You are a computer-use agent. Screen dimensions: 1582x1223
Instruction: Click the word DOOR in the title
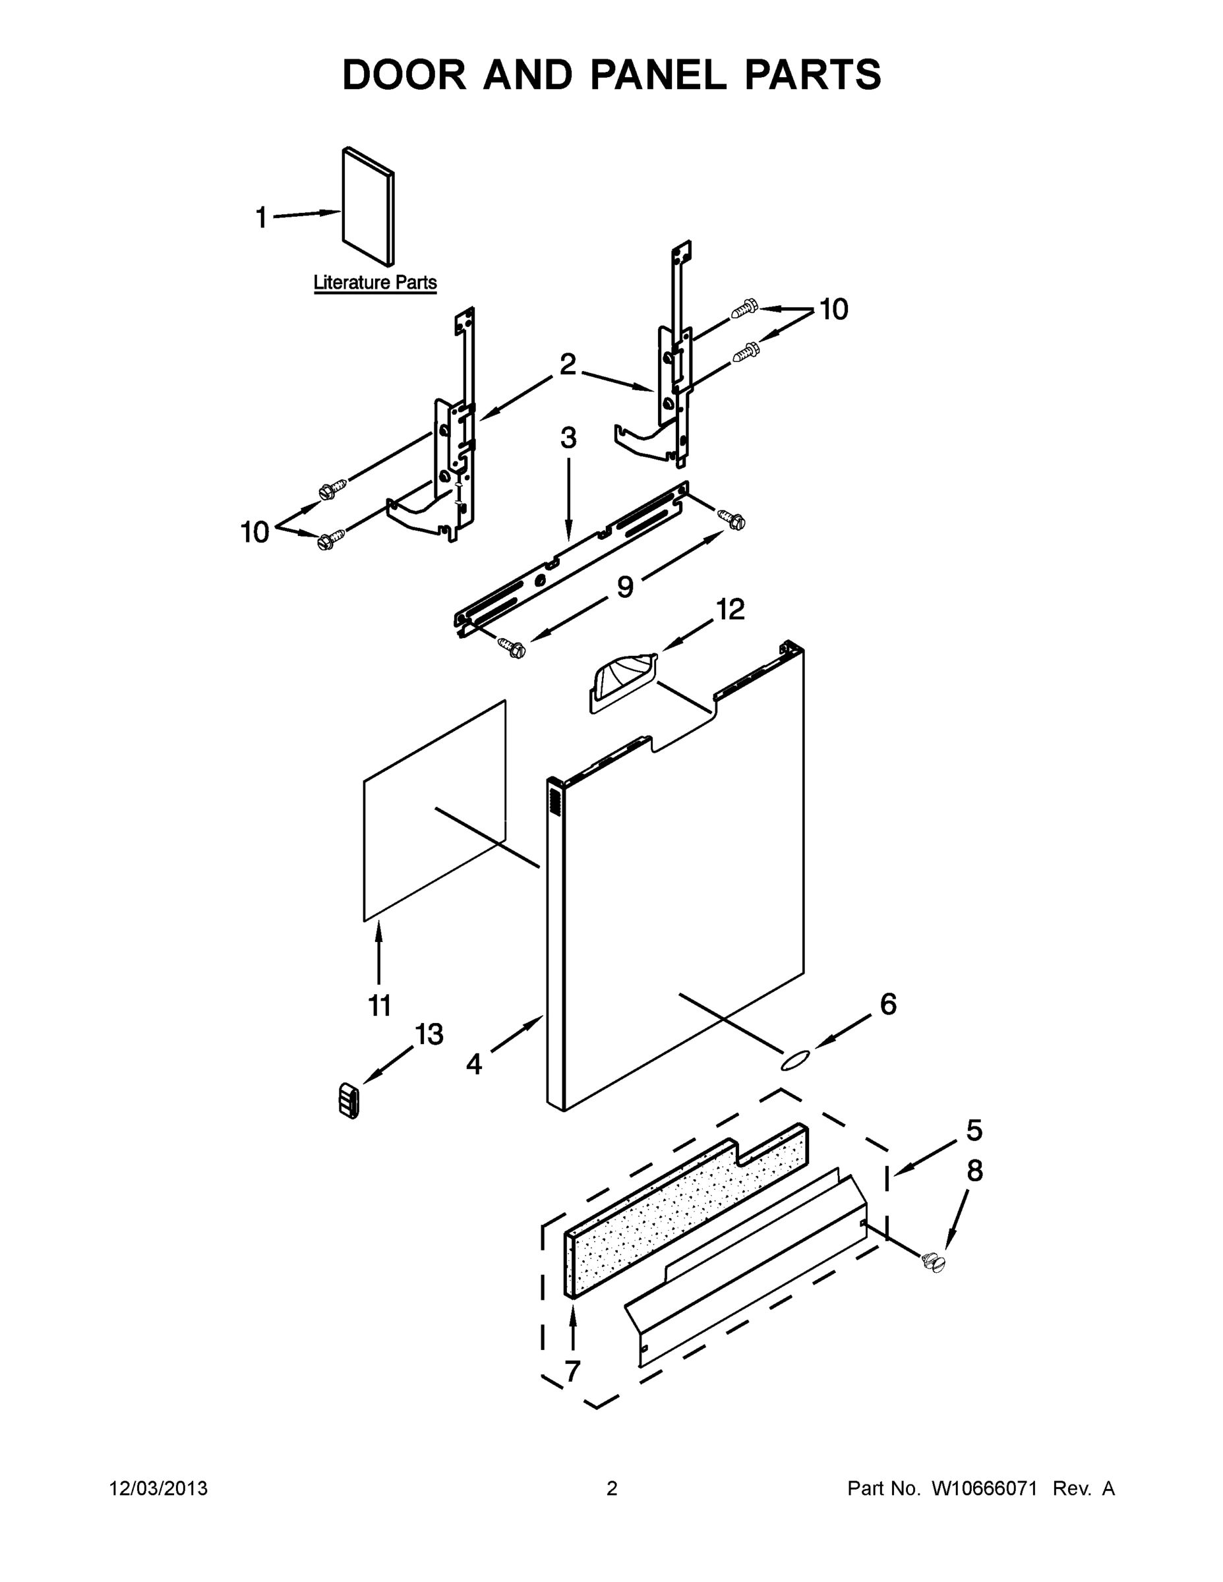pyautogui.click(x=404, y=74)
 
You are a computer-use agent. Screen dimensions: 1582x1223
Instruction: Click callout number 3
pyautogui.click(x=568, y=438)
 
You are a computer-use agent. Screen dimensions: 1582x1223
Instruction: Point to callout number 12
pyautogui.click(x=731, y=609)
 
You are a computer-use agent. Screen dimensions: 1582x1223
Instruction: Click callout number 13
pyautogui.click(x=429, y=1034)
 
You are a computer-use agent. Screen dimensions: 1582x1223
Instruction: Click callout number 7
pyautogui.click(x=572, y=1370)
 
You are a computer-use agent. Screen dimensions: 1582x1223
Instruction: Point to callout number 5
pyautogui.click(x=974, y=1129)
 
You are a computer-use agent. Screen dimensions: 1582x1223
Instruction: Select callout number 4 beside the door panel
pyautogui.click(x=474, y=1063)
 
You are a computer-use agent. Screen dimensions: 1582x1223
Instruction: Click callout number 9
pyautogui.click(x=624, y=587)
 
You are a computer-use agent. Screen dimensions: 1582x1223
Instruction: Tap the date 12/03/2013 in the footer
pyautogui.click(x=159, y=1488)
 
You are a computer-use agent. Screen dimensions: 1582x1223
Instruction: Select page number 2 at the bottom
pyautogui.click(x=612, y=1488)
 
